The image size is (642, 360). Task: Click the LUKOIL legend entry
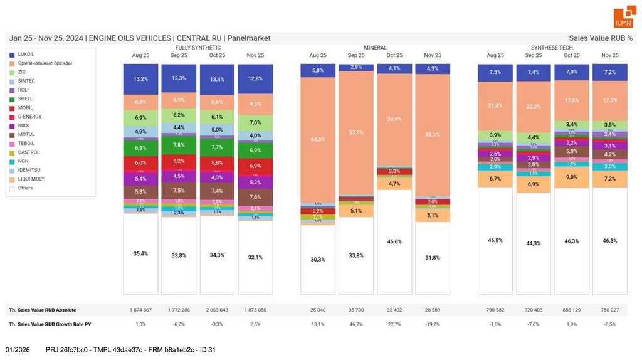26,55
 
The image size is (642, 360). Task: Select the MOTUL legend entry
26,134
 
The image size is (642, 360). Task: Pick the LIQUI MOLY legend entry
31,179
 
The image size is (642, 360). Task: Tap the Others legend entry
26,188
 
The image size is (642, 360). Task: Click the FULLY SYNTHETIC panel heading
197,48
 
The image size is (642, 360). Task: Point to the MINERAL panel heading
375,48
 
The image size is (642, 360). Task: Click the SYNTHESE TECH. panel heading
552,48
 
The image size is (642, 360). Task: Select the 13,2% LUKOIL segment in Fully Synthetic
140,79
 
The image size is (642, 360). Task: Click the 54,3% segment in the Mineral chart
318,139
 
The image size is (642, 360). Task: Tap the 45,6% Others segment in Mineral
394,241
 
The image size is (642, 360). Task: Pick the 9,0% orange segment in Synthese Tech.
571,177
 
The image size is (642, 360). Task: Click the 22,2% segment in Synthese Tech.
534,107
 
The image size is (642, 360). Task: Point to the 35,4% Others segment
140,253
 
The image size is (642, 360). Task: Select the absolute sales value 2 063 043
217,310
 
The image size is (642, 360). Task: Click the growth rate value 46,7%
356,324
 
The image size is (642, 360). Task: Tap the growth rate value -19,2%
433,324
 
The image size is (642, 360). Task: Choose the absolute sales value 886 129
571,310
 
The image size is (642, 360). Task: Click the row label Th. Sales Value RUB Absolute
42,310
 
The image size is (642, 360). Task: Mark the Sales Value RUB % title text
601,38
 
